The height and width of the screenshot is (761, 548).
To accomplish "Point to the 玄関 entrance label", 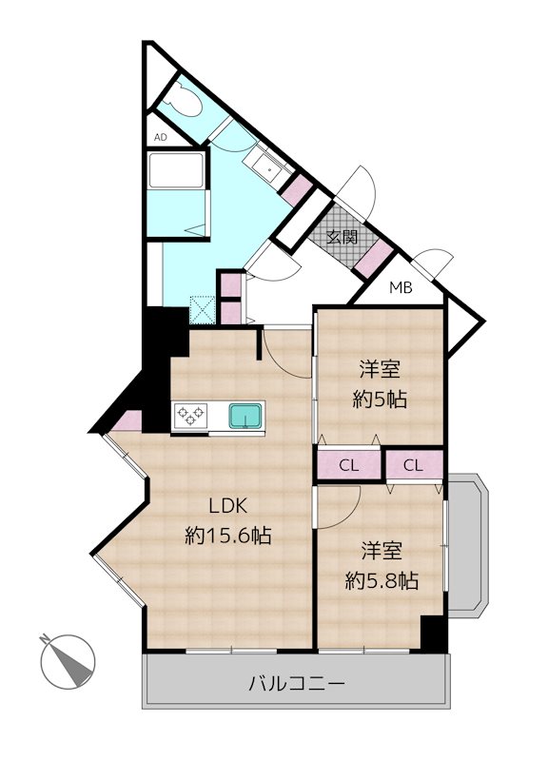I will click(x=342, y=238).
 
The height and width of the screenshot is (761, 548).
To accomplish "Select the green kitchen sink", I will click(x=245, y=416).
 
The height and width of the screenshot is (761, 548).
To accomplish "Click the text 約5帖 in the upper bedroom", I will click(x=381, y=399).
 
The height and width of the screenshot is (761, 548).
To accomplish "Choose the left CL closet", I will click(x=349, y=466).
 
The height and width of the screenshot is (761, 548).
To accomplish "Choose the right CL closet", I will click(x=413, y=466).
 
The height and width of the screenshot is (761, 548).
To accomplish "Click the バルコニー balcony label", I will click(x=296, y=683).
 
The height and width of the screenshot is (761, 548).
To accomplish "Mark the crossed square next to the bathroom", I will click(x=203, y=309).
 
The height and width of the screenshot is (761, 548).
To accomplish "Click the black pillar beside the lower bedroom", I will click(x=433, y=634).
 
